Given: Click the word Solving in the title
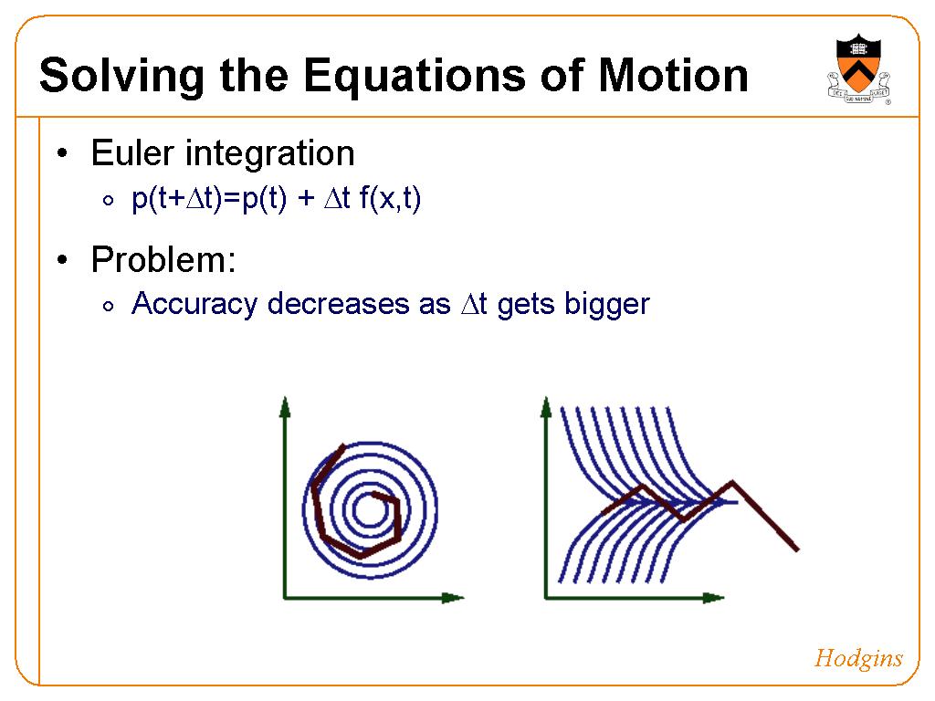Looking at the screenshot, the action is pyautogui.click(x=121, y=77).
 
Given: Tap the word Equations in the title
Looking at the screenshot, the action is pyautogui.click(x=415, y=77).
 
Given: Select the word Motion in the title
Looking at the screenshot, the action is pyautogui.click(x=673, y=75).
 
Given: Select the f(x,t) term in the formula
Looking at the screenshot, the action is pyautogui.click(x=390, y=198).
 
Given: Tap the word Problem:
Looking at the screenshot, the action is pyautogui.click(x=163, y=260).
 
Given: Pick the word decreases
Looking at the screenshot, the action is pyautogui.click(x=338, y=304).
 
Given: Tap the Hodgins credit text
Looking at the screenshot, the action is pyautogui.click(x=858, y=659).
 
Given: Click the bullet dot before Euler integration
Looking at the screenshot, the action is pyautogui.click(x=63, y=153).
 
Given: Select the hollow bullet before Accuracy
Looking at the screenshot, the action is pyautogui.click(x=108, y=307).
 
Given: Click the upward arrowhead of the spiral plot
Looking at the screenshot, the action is pyautogui.click(x=285, y=406).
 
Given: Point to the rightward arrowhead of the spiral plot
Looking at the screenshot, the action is pyautogui.click(x=453, y=597).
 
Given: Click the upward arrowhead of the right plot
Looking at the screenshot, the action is pyautogui.click(x=546, y=406).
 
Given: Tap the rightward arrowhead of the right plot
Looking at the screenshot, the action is pyautogui.click(x=713, y=597).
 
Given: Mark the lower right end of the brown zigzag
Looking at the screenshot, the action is pyautogui.click(x=796, y=549).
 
